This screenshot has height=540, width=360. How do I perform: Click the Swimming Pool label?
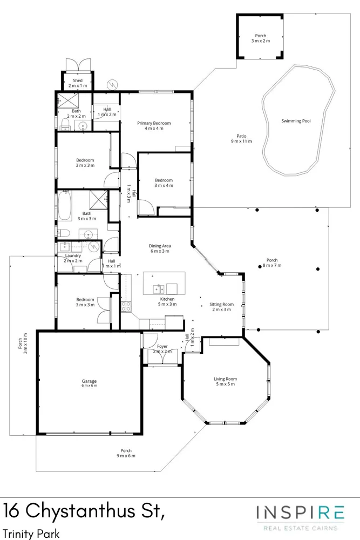296,121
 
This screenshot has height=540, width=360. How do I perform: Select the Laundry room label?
73,258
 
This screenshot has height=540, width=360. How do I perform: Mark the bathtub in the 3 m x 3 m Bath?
65,207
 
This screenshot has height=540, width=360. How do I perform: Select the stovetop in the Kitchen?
126,306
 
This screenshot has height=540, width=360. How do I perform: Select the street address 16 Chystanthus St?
84,511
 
